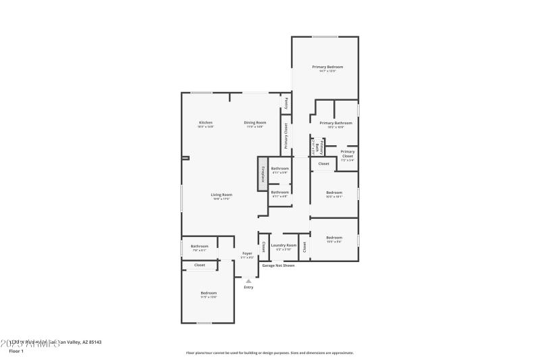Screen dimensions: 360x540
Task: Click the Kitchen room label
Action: (x=205, y=124)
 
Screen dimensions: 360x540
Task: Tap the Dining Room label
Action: (x=255, y=124)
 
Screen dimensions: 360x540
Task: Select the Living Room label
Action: (x=221, y=196)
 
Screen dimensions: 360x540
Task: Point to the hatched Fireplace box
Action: (x=263, y=174)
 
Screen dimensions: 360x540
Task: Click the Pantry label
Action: (x=286, y=104)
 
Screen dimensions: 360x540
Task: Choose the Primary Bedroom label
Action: (x=327, y=68)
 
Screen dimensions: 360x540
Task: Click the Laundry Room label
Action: (x=283, y=247)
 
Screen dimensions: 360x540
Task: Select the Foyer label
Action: (x=247, y=255)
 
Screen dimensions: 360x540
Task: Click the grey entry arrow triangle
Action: (x=248, y=280)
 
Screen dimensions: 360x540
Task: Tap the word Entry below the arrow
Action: (x=248, y=288)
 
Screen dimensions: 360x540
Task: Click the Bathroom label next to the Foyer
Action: (x=199, y=247)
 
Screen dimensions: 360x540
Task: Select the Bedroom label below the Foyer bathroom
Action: (x=208, y=294)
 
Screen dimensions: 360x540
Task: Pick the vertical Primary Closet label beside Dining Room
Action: (x=286, y=135)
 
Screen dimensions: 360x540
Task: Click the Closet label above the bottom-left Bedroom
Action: (x=199, y=265)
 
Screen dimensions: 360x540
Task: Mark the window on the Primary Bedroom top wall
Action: (x=325, y=36)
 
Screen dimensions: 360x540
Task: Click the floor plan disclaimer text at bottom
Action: (x=269, y=353)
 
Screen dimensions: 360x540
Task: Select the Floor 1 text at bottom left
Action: (x=16, y=351)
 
